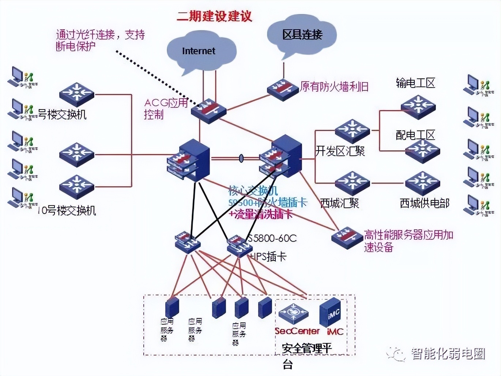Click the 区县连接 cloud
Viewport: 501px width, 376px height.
point(302,35)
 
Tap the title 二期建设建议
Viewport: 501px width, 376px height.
point(214,16)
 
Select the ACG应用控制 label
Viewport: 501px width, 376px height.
point(165,108)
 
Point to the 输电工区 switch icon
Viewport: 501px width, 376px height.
point(418,107)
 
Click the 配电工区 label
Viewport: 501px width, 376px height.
point(415,135)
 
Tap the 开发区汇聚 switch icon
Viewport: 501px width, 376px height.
point(352,131)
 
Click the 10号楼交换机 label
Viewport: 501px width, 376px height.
point(67,210)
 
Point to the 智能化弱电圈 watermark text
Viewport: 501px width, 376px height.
point(448,354)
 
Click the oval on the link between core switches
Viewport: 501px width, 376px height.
point(241,158)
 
